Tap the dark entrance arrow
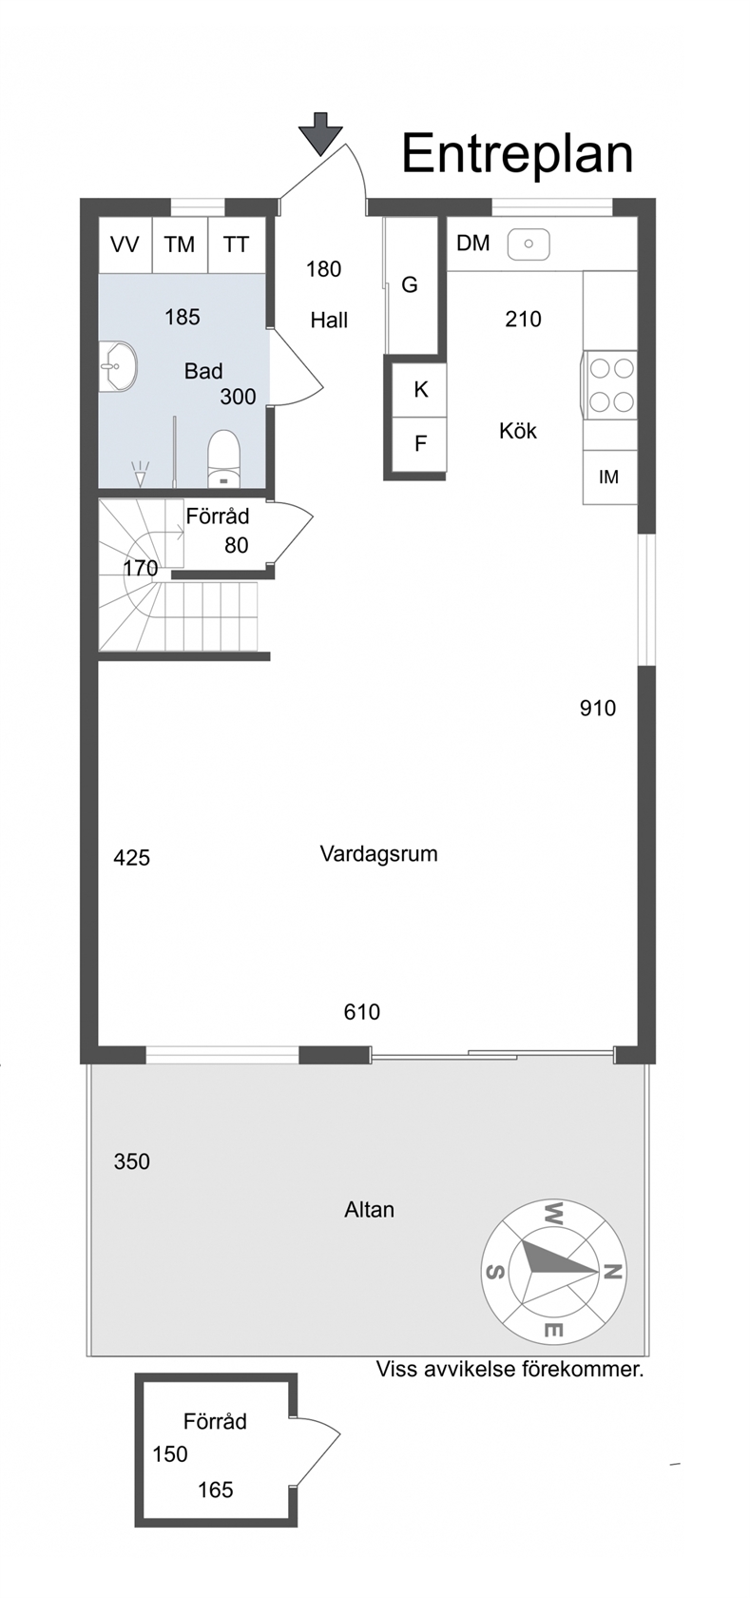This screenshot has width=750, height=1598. pos(321,134)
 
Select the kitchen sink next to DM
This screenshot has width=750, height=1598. pos(529,244)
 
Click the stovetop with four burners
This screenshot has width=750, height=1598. pos(610,385)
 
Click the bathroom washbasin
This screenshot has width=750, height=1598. pos(117,367)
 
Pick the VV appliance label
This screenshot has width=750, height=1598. pos(125,244)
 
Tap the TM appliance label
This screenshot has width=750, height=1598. pos(180,244)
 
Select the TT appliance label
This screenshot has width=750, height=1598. pos(236,244)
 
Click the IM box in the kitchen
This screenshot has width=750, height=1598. pos(609,477)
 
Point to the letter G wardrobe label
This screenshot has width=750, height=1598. pos(409,284)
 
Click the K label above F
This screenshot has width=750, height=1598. pos(420,390)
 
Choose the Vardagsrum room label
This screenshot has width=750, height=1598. pos(378,854)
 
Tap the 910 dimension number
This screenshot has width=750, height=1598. pos(597,709)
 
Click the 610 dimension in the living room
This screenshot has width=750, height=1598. pos(361,1012)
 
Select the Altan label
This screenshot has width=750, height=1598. pos(369,1210)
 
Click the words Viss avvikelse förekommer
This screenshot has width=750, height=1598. pos(510,1369)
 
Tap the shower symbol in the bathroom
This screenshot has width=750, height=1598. pos(141,475)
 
